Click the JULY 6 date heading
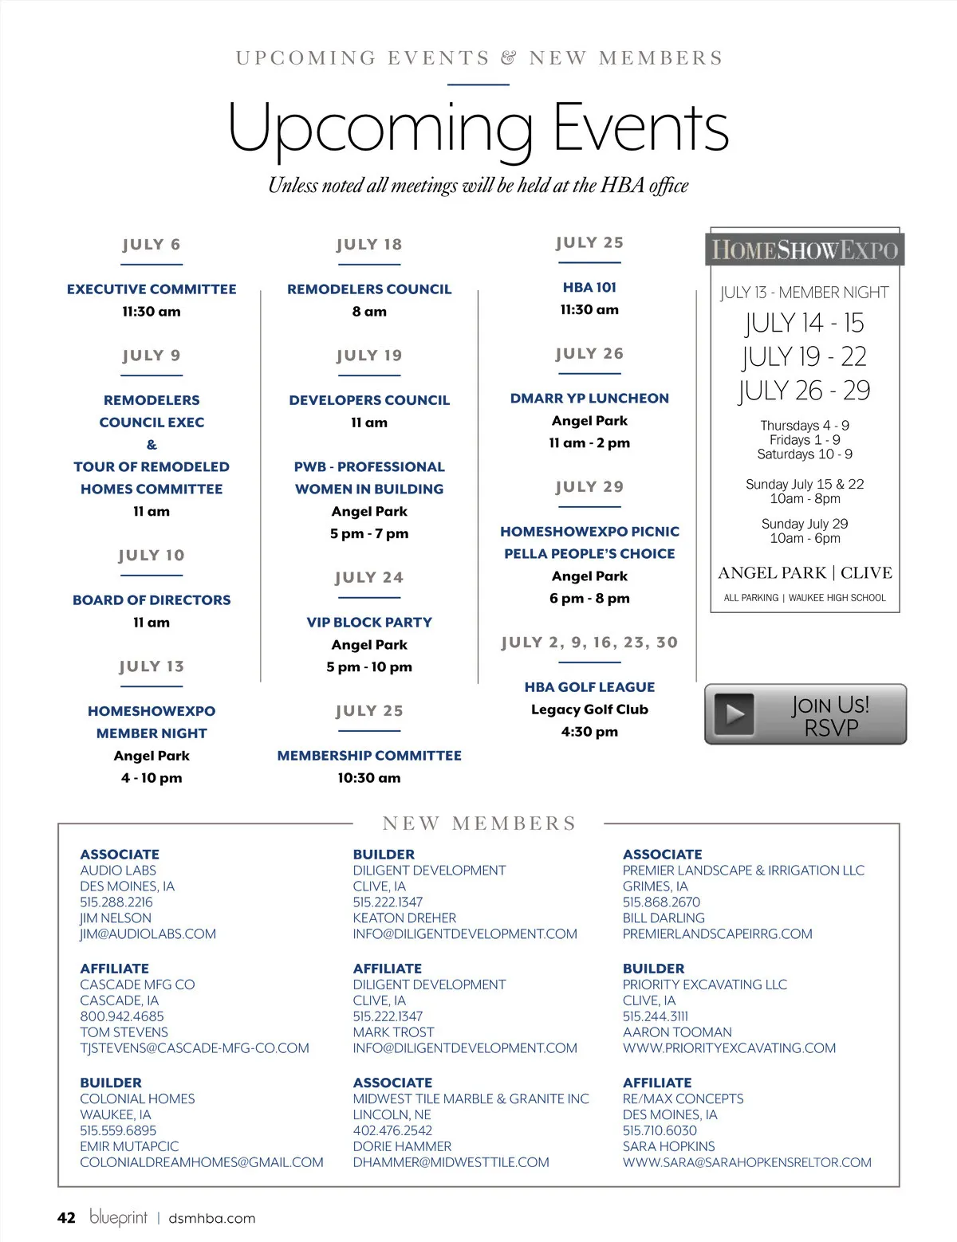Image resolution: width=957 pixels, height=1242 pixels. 152,245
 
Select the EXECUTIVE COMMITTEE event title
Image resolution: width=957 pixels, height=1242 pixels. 152,289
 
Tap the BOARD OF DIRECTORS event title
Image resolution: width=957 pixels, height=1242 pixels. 152,600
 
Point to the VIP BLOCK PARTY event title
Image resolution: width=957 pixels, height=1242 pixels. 369,623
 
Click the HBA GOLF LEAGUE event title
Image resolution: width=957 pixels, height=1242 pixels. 589,687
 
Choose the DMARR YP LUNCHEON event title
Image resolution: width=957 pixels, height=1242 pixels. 589,399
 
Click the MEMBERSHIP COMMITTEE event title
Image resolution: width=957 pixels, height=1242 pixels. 369,756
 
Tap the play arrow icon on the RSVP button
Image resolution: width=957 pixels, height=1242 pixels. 734,714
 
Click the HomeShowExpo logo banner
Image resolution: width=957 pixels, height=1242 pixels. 805,250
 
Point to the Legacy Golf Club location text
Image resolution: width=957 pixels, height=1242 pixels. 589,709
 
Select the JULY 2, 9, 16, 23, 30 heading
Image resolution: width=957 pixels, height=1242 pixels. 589,643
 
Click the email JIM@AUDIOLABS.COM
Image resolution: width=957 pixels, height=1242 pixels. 148,934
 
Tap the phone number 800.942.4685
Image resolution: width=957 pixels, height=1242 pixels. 122,1016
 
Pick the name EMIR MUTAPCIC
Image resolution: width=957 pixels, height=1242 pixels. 129,1146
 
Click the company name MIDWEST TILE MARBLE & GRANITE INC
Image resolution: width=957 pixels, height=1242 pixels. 471,1099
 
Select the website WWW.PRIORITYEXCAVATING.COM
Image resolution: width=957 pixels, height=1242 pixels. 729,1048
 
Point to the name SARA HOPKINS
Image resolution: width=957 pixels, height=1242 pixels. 668,1146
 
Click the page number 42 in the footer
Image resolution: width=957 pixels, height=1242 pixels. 66,1218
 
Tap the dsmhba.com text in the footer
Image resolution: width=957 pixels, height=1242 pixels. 211,1218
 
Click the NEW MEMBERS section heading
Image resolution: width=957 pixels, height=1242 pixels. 479,823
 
